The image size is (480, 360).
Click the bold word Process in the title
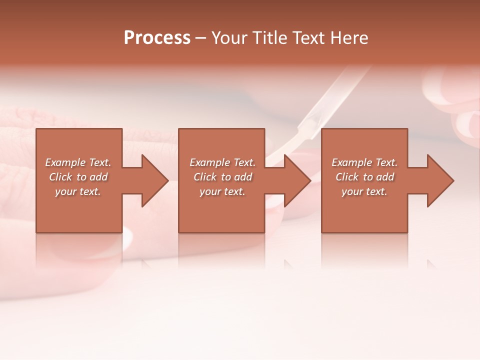pyautogui.click(x=157, y=38)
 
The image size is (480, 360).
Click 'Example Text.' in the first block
pyautogui.click(x=78, y=162)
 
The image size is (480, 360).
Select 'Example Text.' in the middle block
pyautogui.click(x=222, y=162)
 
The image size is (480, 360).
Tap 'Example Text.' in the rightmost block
pyautogui.click(x=364, y=162)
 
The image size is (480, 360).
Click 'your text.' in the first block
pyautogui.click(x=78, y=191)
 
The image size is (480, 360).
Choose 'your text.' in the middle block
pyautogui.click(x=222, y=191)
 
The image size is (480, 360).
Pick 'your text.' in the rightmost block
pyautogui.click(x=364, y=191)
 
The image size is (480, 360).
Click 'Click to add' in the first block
pyautogui.click(x=78, y=177)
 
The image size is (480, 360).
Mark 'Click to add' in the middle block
pyautogui.click(x=222, y=177)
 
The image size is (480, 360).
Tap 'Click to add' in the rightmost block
pyautogui.click(x=364, y=177)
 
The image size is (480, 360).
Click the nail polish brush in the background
pyautogui.click(x=320, y=105)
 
